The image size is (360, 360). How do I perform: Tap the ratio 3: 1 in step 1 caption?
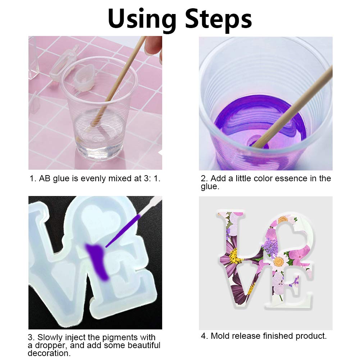[x=151, y=179]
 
